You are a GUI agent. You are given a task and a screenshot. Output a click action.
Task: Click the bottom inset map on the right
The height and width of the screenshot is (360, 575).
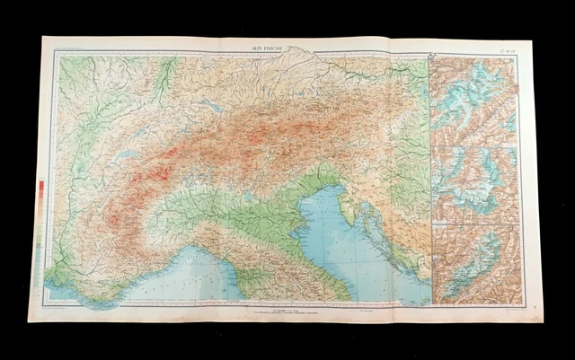[473, 261]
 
